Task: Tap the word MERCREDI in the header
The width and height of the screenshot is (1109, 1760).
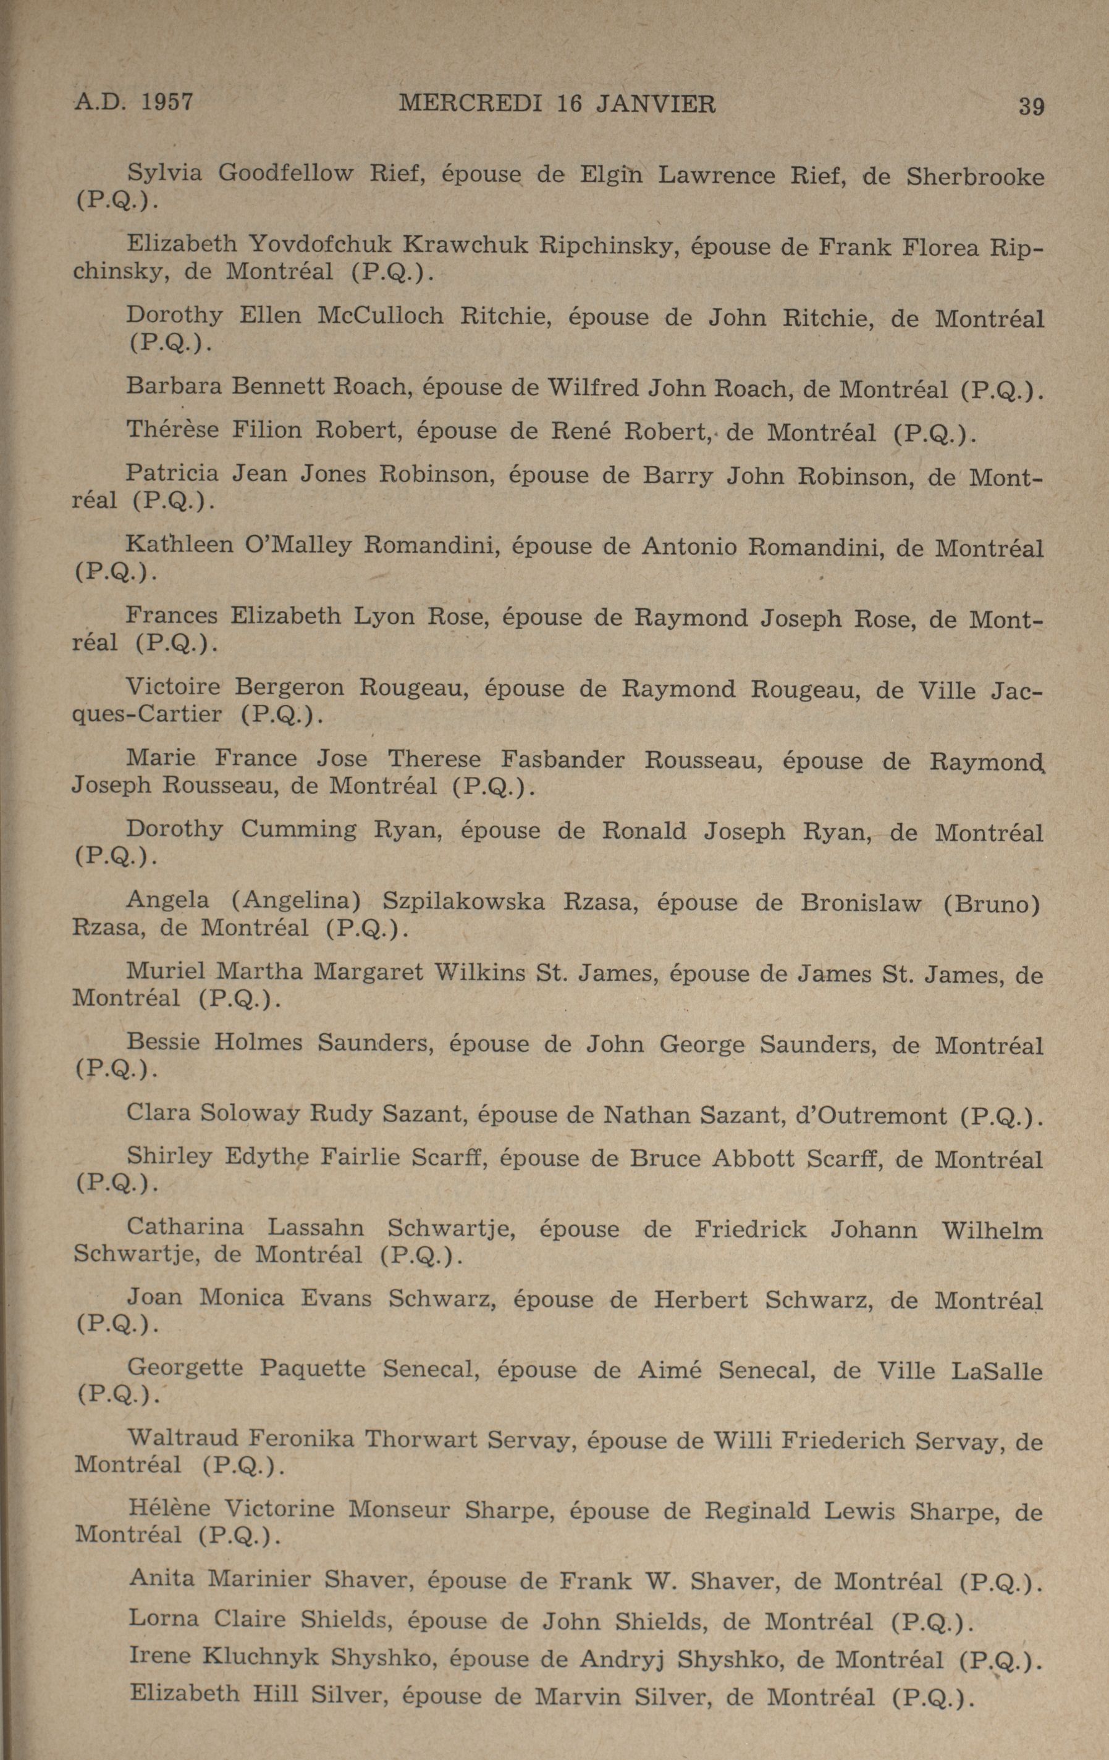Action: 470,104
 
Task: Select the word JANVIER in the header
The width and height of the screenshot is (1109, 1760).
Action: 656,104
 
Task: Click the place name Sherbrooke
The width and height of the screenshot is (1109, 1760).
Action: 974,176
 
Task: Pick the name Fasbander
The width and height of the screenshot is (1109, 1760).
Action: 563,760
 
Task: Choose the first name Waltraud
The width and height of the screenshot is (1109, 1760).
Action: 183,1440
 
